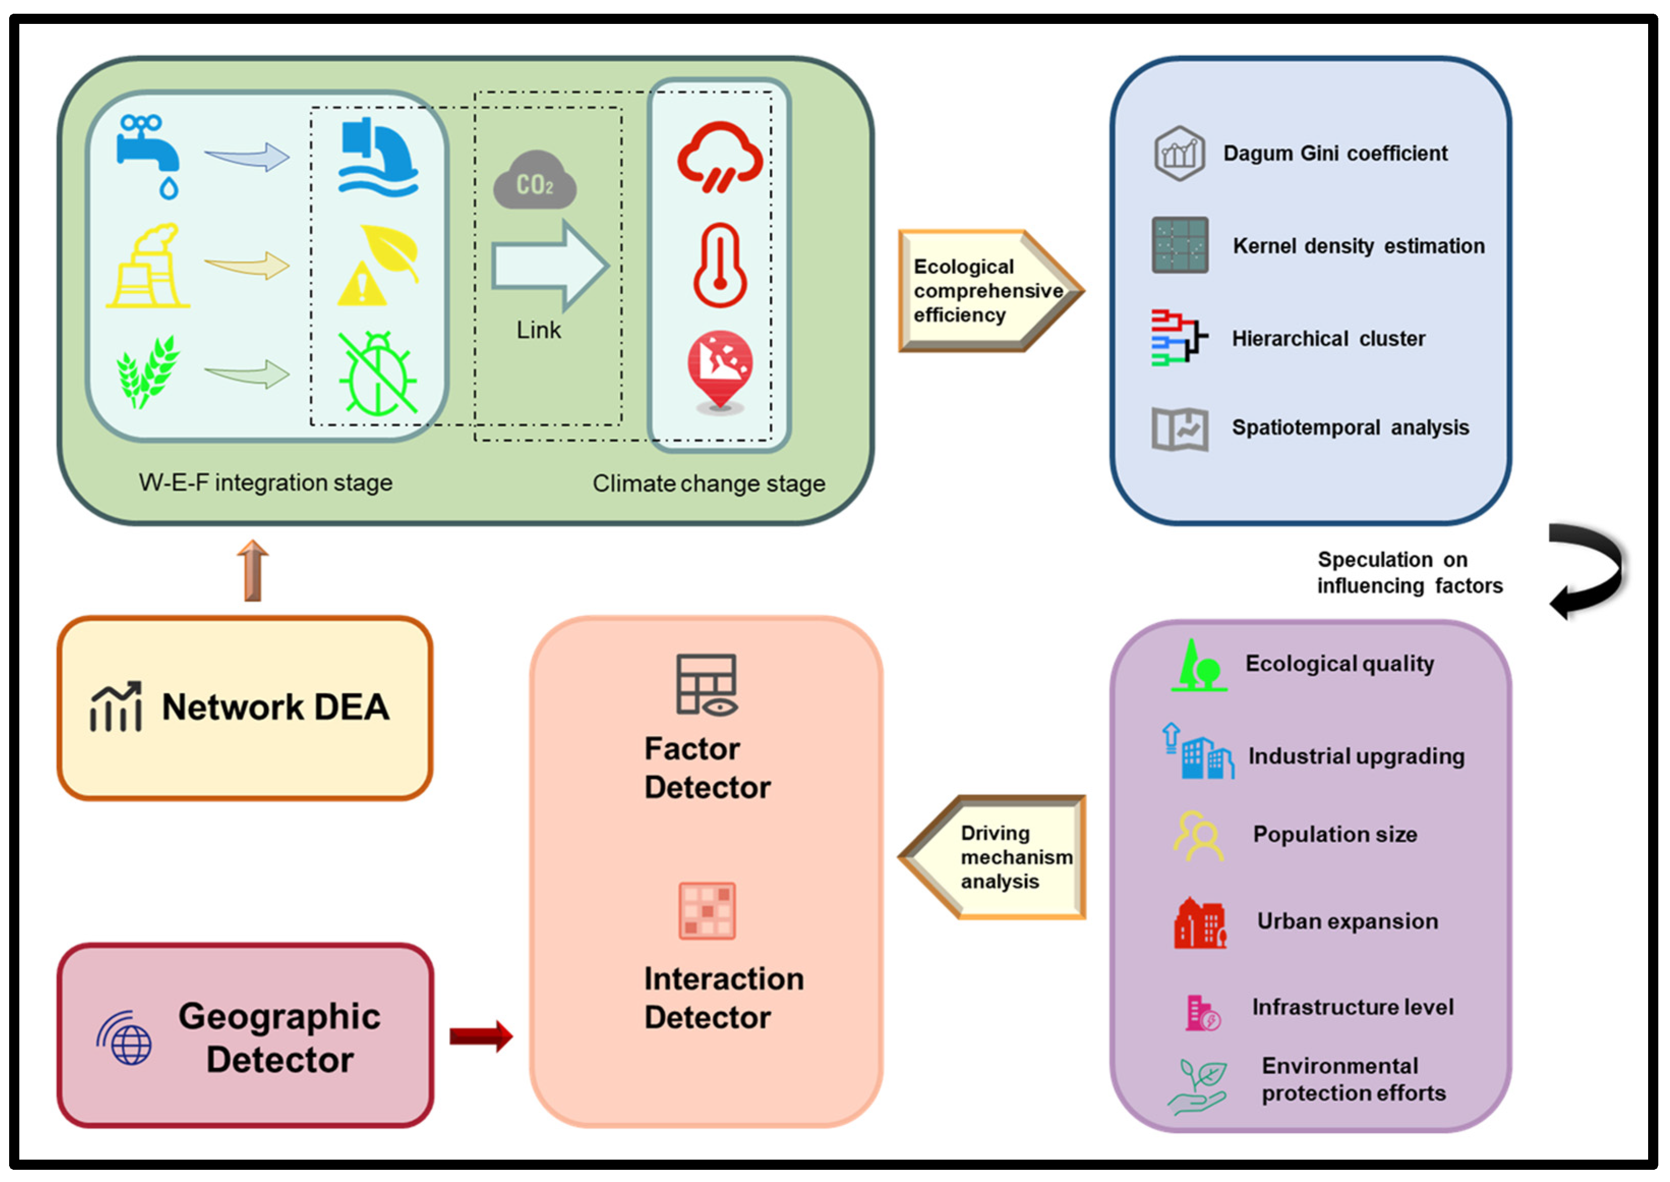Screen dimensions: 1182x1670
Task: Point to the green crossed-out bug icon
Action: (377, 373)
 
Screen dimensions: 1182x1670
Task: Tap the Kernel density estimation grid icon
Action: (1180, 245)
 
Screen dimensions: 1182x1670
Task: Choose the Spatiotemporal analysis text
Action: (1350, 427)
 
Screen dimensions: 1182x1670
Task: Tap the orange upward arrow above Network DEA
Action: (253, 571)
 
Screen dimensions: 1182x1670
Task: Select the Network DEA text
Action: (275, 707)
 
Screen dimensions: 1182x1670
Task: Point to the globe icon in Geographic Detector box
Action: (125, 1039)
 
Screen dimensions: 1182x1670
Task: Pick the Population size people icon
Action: (1198, 836)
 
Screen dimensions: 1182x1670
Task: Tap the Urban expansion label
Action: (1347, 922)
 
